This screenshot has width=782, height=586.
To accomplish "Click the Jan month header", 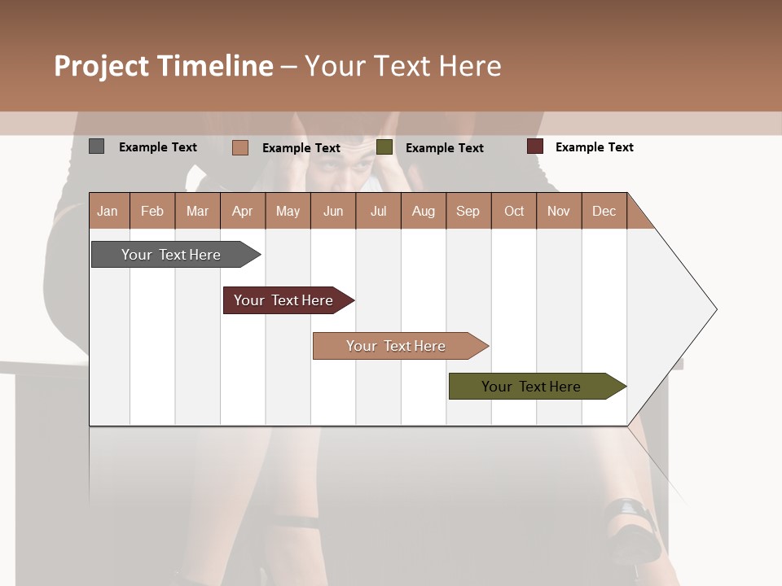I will [108, 211].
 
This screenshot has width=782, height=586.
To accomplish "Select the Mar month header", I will [197, 211].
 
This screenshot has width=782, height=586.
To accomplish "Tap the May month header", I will [288, 211].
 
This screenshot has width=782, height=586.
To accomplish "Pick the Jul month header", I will [378, 211].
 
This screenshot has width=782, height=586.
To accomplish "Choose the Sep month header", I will [468, 211].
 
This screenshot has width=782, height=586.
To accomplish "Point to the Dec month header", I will [604, 211].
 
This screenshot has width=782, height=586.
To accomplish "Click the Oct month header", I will [513, 211].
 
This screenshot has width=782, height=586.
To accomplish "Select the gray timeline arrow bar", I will [171, 255].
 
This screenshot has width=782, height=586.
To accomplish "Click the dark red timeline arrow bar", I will [283, 300].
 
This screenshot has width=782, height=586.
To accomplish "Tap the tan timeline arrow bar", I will [396, 346].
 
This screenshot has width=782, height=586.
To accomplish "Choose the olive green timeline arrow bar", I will [531, 387].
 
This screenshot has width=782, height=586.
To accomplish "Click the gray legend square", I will [96, 146].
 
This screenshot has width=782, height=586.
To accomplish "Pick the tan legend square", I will [239, 147].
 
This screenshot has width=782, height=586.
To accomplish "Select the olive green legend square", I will [384, 147].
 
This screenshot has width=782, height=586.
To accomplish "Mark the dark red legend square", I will [534, 146].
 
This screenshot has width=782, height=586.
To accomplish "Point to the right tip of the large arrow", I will [715, 309].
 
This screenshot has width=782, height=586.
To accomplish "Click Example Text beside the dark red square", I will [594, 147].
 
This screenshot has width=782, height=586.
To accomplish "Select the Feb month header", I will [152, 211].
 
